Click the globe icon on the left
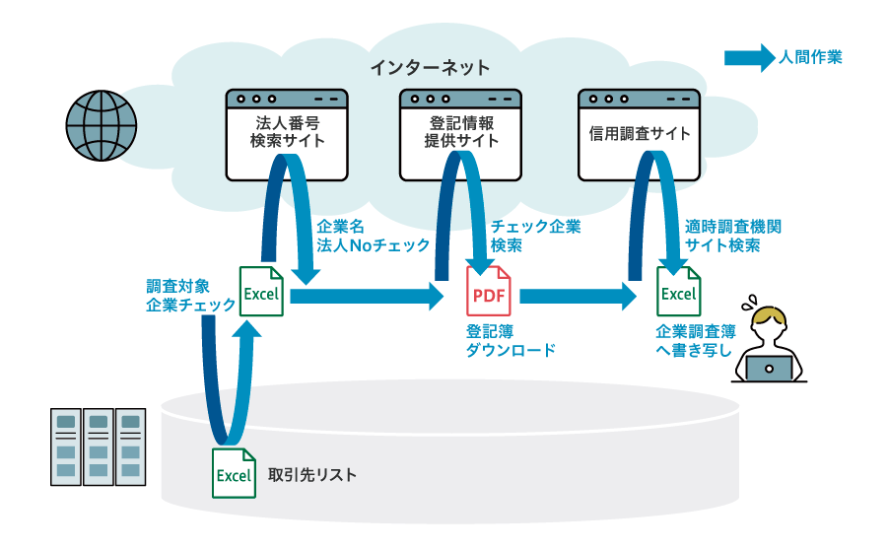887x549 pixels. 102,126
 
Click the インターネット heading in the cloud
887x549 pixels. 430,68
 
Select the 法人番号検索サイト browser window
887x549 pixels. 287,135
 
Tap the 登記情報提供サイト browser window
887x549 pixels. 460,135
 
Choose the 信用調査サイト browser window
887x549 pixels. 639,135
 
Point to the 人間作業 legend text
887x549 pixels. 810,58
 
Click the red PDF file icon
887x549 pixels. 489,293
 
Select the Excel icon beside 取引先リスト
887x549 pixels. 234,473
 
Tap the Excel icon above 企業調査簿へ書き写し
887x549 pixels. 678,292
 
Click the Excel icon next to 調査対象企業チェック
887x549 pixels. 261,292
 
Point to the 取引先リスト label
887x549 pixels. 312,475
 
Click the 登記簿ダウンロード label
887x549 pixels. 511,341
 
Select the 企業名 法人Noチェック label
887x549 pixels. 373,237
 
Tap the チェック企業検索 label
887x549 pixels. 535,237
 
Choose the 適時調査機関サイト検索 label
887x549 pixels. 733,237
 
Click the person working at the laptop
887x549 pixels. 769,345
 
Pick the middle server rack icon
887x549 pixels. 99,446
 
